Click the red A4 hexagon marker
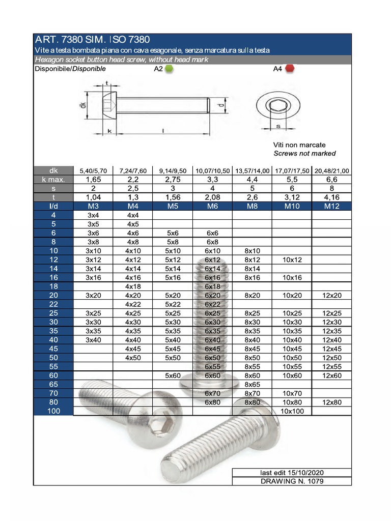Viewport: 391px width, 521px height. coord(290,69)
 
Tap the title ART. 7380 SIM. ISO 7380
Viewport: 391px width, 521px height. coord(92,40)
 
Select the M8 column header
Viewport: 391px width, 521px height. coord(252,206)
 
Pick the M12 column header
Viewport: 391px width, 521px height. coord(331,206)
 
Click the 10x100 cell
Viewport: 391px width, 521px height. coord(292,411)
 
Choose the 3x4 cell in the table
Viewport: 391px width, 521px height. coord(93,215)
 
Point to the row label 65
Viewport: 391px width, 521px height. coord(53,385)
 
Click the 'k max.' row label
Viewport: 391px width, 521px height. coord(53,180)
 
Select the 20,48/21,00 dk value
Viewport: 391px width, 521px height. coord(331,171)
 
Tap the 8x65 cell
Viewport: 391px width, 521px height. coord(252,385)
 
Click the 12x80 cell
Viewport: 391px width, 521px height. coord(331,402)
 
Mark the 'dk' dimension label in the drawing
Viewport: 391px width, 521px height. coord(82,105)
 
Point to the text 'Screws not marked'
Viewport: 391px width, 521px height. coord(304,153)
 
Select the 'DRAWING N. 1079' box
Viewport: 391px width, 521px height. coord(292,481)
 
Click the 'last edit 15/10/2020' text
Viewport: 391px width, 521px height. coord(292,472)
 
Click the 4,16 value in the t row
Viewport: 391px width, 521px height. coord(331,197)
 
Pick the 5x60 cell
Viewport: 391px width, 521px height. coord(173,375)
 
